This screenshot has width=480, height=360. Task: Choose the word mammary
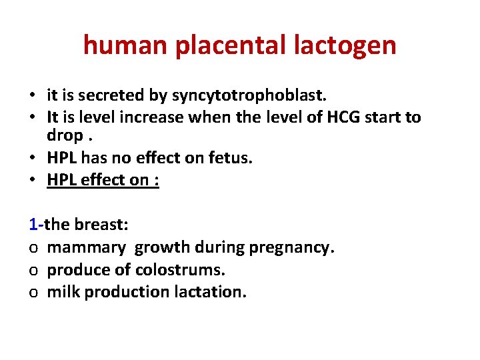86,248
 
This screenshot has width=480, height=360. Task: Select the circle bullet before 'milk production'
33,293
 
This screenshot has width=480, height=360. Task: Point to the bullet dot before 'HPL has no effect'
33,159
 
